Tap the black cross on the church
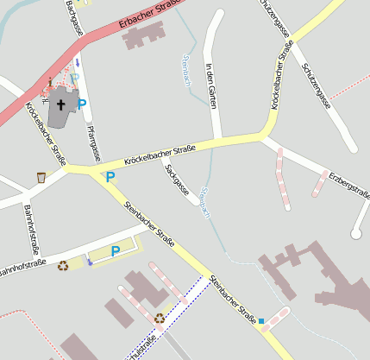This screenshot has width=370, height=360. point(61,105)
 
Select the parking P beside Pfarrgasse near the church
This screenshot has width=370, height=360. point(82,104)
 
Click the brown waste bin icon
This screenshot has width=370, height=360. point(41,178)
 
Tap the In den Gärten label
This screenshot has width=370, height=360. point(210,85)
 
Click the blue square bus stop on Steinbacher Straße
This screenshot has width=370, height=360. point(261,321)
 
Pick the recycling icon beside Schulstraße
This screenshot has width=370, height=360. point(160,318)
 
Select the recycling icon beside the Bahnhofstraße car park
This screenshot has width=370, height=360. point(63,265)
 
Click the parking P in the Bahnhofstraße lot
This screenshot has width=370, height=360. point(115,251)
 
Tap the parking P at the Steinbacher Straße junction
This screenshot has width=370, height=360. point(110,177)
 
